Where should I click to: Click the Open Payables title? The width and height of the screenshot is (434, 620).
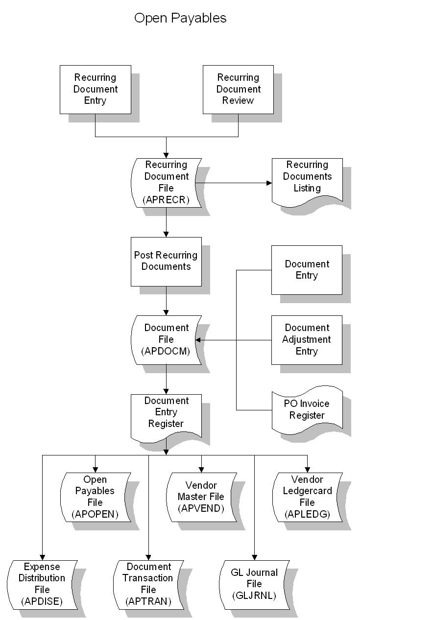(x=180, y=18)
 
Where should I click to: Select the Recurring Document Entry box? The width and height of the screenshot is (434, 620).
(x=95, y=89)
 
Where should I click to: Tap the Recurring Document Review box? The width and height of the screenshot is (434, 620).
(x=238, y=89)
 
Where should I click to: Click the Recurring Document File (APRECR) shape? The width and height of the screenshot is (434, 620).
(x=166, y=182)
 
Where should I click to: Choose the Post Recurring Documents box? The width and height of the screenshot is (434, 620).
(x=166, y=261)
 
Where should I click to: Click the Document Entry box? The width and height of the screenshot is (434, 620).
(x=307, y=270)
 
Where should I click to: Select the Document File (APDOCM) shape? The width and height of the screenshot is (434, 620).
(x=166, y=339)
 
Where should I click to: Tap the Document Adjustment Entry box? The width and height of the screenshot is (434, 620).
(x=307, y=339)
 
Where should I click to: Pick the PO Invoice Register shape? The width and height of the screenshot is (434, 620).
(x=307, y=410)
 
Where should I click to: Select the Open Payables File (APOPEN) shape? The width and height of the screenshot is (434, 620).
(x=95, y=497)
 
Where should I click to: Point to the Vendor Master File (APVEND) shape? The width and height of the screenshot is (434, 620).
(x=201, y=497)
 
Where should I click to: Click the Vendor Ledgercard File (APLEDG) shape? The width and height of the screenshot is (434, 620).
(x=307, y=497)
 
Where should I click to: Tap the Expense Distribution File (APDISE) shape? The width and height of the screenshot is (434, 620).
(x=42, y=584)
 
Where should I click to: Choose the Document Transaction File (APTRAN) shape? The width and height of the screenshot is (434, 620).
(x=148, y=584)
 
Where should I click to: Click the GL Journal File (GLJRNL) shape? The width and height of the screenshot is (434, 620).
(x=254, y=584)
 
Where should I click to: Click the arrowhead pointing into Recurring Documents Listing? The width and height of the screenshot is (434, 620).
(x=269, y=183)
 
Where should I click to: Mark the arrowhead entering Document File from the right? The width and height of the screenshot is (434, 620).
(x=198, y=340)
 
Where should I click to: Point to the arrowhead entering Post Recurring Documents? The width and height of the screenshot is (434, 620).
(x=166, y=235)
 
